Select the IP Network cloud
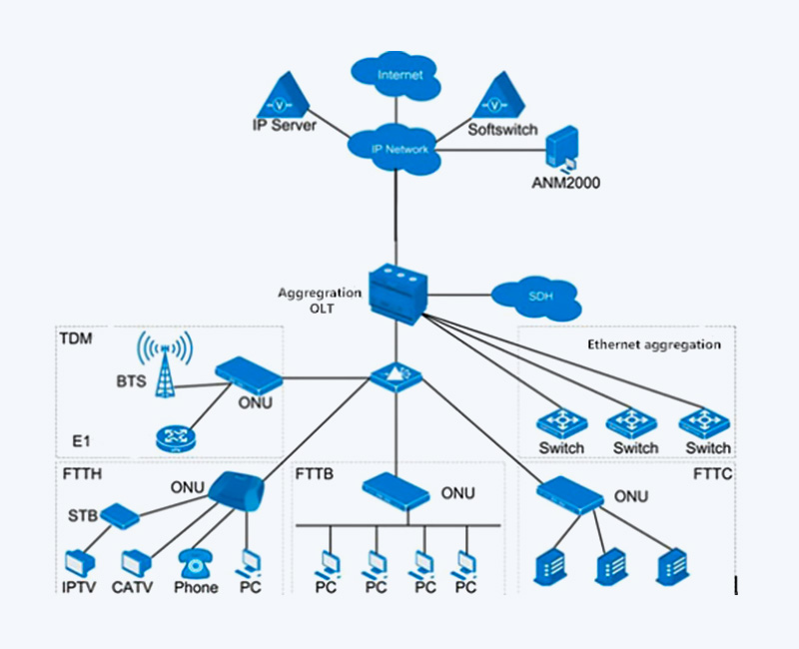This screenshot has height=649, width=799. point(399,150)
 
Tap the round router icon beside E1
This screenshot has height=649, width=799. point(177,438)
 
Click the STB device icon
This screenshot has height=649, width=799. point(119,516)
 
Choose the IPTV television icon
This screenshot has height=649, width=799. point(79,562)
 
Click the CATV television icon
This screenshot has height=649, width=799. point(137,562)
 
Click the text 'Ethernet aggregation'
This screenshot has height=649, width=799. point(653,344)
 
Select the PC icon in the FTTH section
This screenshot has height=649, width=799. point(249,562)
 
